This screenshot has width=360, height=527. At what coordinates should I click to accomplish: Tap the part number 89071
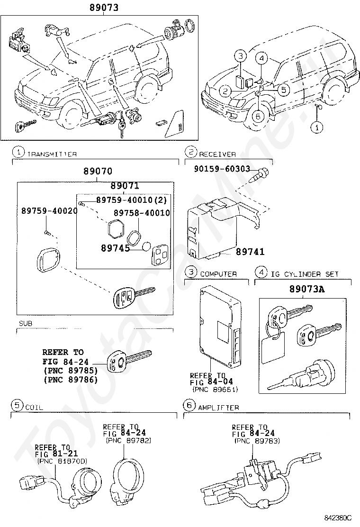point(125,186)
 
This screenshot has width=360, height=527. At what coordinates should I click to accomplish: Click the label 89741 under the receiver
point(250,252)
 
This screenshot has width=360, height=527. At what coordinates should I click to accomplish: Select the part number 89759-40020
point(49,210)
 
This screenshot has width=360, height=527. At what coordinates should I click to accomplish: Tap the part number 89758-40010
point(141,213)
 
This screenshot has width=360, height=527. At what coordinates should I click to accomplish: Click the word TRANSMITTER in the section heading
point(52,154)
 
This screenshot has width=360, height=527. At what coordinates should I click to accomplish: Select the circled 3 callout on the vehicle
point(241,56)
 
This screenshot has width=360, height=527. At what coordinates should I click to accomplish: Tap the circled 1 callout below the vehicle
point(317,127)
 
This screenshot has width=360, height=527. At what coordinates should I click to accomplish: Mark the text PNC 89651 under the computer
point(215,390)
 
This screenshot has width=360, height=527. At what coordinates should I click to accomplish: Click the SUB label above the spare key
point(26,323)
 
